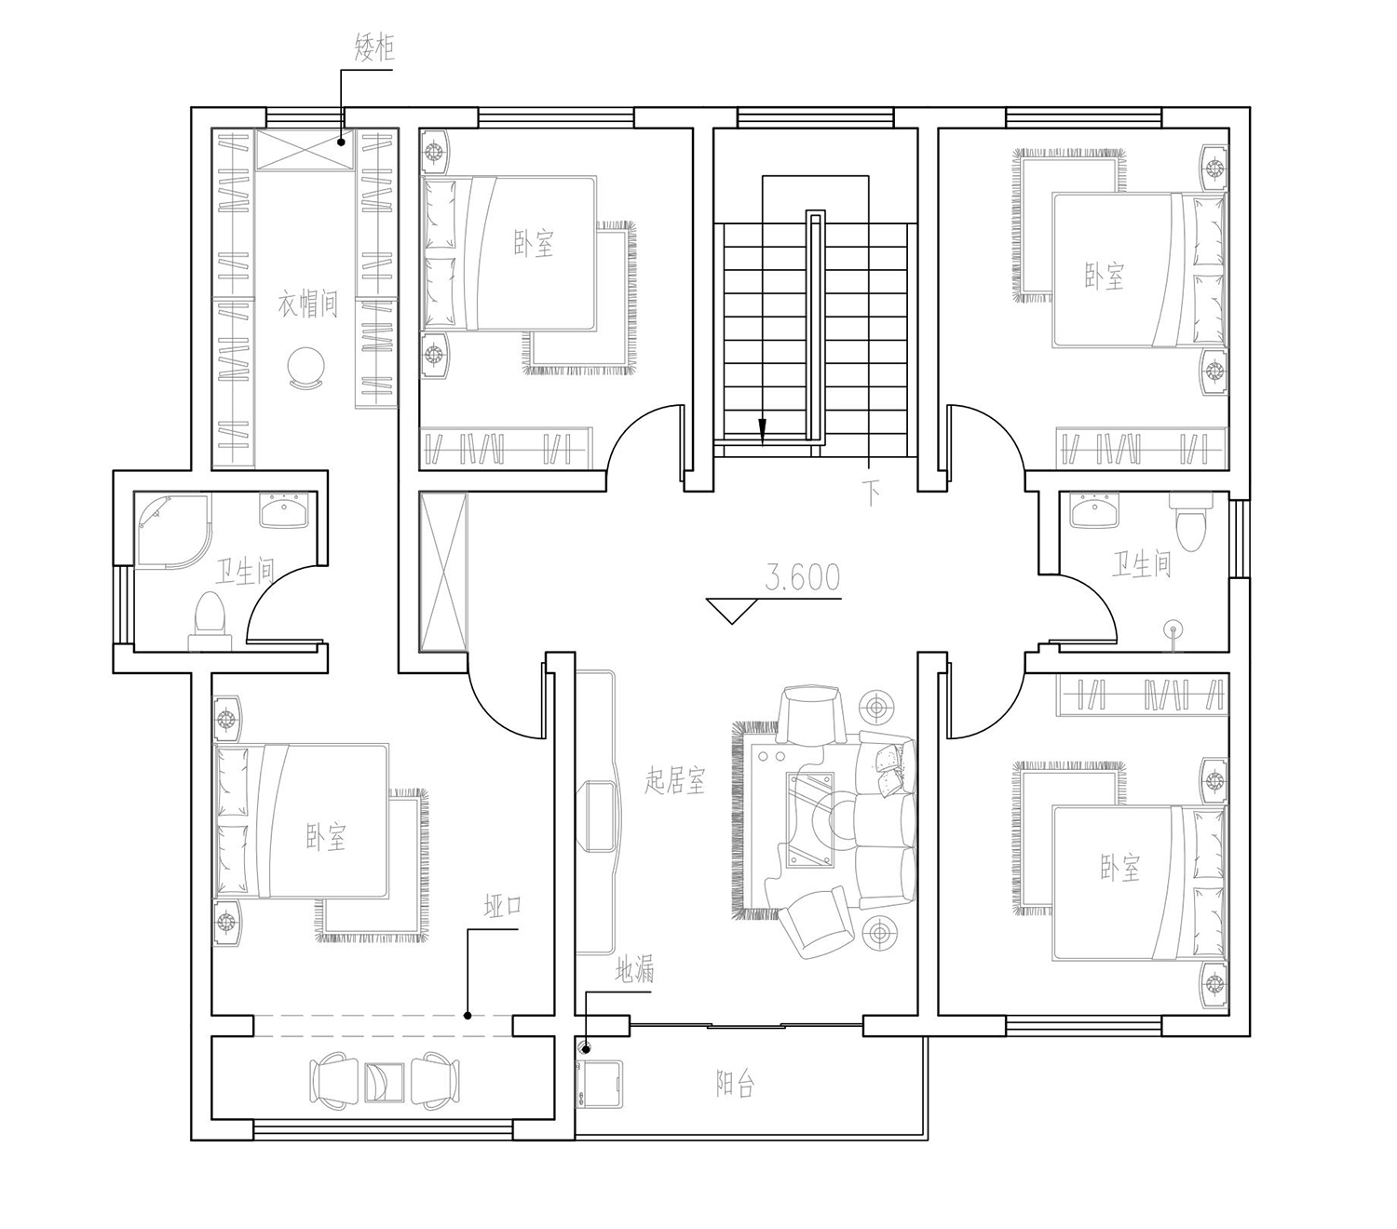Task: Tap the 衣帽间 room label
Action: point(307,304)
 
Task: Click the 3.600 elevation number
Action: point(802,577)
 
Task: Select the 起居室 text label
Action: point(675,780)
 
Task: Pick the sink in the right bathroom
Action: point(1095,510)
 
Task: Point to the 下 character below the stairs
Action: point(872,493)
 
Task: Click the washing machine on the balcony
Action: point(600,1083)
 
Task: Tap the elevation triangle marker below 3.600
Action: point(732,611)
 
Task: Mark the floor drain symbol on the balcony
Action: point(586,1048)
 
